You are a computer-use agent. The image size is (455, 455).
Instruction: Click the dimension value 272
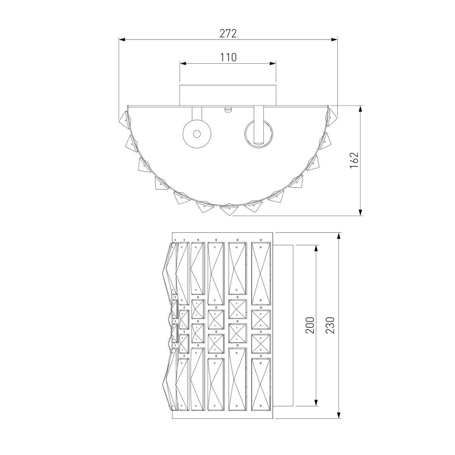pyautogui.click(x=228, y=33)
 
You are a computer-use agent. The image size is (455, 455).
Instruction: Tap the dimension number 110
pyautogui.click(x=228, y=57)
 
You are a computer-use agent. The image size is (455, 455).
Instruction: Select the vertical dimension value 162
pyautogui.click(x=354, y=160)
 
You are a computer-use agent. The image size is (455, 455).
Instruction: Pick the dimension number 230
pyautogui.click(x=330, y=325)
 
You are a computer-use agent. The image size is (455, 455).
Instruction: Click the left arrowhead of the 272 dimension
pyautogui.click(x=121, y=39)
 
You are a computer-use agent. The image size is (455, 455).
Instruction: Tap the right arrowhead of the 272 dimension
pyautogui.click(x=334, y=39)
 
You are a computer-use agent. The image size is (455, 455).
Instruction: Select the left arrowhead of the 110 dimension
pyautogui.click(x=183, y=63)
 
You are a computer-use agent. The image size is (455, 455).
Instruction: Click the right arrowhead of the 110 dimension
pyautogui.click(x=273, y=63)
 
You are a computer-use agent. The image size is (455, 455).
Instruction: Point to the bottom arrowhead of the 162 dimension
pyautogui.click(x=360, y=212)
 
